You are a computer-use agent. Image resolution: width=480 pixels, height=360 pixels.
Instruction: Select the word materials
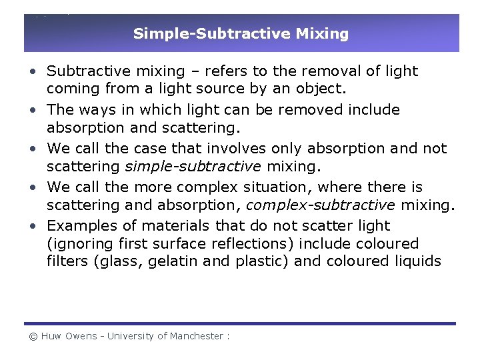click(x=161, y=226)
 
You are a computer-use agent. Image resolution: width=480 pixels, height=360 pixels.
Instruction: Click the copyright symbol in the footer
click(x=33, y=337)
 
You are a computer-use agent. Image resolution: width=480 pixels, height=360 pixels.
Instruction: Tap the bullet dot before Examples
click(x=33, y=227)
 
